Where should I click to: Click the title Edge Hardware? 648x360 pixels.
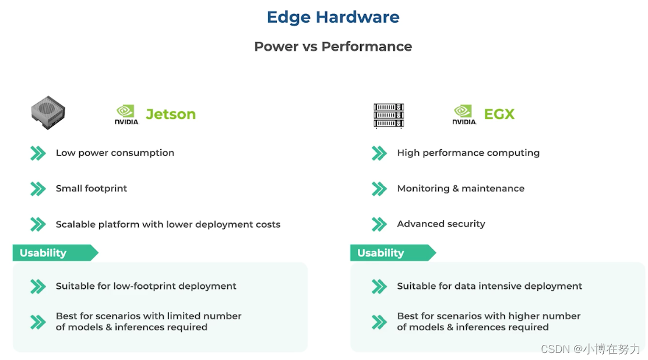pos(333,17)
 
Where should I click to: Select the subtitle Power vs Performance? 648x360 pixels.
pos(333,47)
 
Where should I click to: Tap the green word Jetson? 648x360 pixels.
pos(171,114)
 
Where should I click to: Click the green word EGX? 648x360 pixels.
pos(499,114)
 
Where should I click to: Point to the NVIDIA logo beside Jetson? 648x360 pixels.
pos(126,114)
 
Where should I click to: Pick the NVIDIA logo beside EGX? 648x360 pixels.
pos(464,114)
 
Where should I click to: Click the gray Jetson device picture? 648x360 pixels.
pos(48,112)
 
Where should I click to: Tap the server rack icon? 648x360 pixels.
pos(389,115)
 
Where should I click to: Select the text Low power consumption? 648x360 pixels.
pos(115,153)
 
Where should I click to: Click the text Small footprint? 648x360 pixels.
pos(91,189)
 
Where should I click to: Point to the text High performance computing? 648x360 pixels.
pos(468,153)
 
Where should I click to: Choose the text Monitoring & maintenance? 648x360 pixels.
pos(460,189)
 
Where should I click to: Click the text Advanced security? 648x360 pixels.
pos(441,224)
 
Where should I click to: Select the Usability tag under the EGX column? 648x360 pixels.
pos(385,253)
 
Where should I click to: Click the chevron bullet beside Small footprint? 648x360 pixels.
pos(38,189)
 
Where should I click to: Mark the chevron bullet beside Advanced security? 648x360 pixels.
pos(379,224)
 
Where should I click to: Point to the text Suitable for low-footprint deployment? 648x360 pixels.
pos(146,286)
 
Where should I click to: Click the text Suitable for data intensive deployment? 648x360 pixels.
pos(489,286)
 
